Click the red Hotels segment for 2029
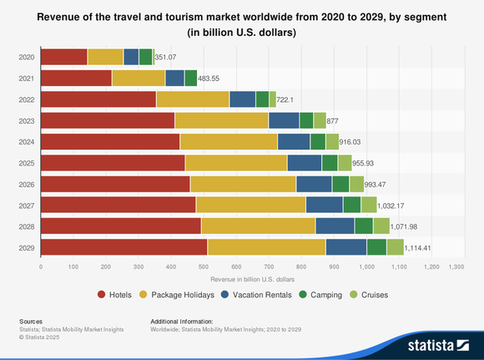pyautogui.click(x=124, y=246)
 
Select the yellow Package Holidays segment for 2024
pyautogui.click(x=229, y=141)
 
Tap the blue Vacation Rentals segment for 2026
pyautogui.click(x=314, y=184)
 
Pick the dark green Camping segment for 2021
pyautogui.click(x=190, y=78)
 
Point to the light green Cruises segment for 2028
pyautogui.click(x=381, y=226)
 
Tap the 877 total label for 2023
pyautogui.click(x=333, y=120)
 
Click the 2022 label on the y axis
pyautogui.click(x=26, y=99)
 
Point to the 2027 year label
pyautogui.click(x=26, y=205)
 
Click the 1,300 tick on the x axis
pyautogui.click(x=456, y=266)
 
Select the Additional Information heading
pyautogui.click(x=181, y=321)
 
